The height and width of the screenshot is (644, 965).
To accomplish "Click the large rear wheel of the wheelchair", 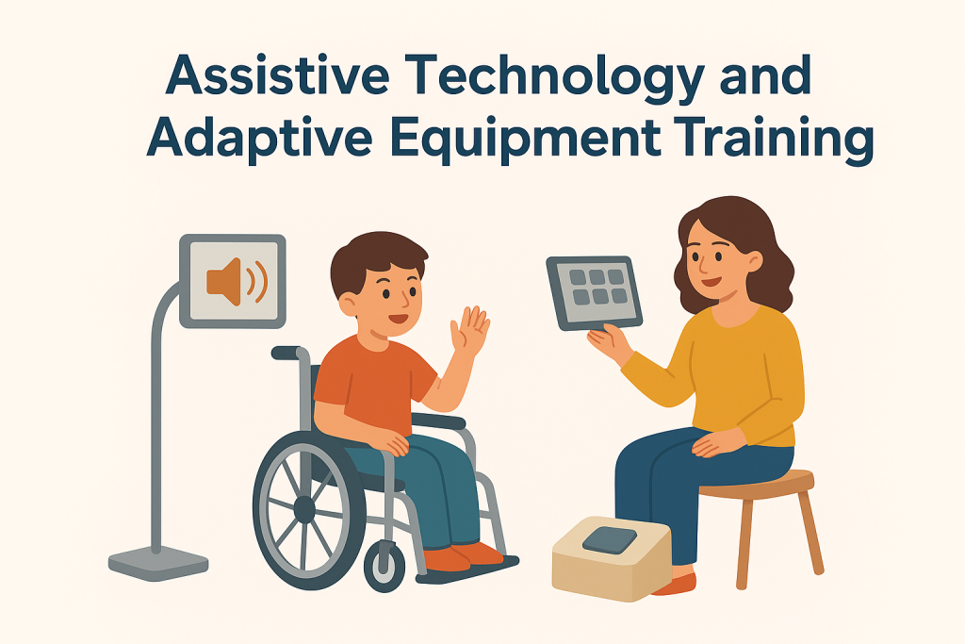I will [x=304, y=510].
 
